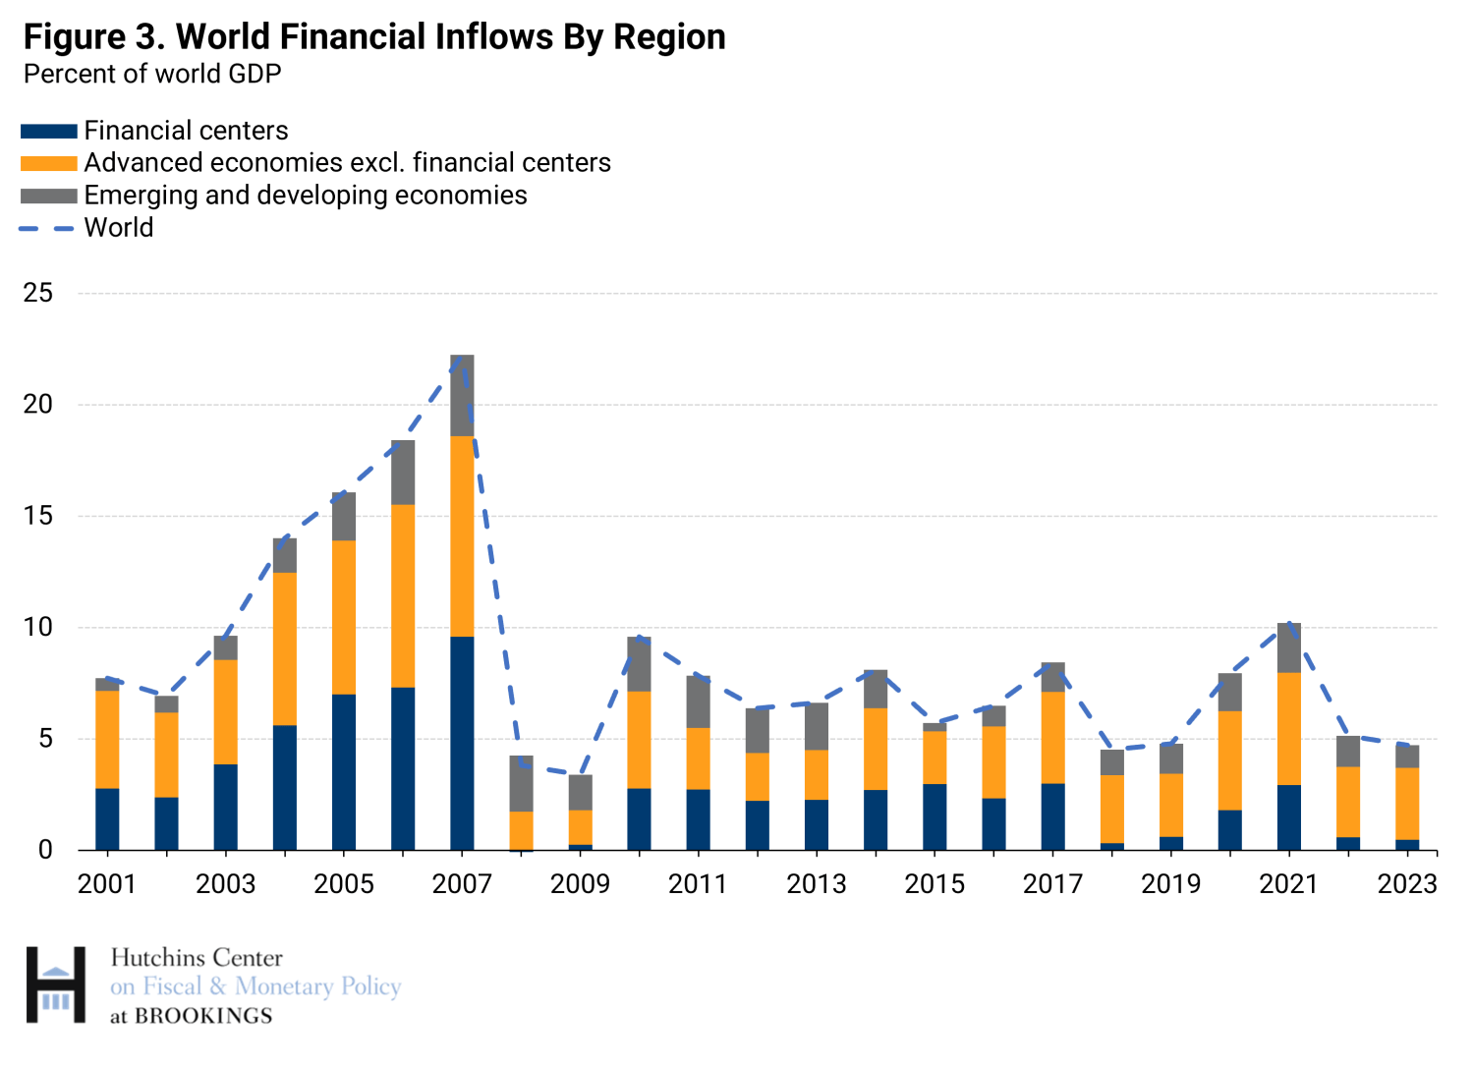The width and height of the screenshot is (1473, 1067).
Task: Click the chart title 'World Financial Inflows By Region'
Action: click(x=451, y=36)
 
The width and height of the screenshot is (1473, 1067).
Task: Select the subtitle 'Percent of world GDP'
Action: click(x=152, y=75)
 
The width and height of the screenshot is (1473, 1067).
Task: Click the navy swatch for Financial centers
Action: click(x=49, y=131)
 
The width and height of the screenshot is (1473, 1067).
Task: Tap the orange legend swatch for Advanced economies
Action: click(x=49, y=163)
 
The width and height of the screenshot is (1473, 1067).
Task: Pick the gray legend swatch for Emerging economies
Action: click(x=49, y=196)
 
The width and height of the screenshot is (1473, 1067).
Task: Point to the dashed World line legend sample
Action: click(x=47, y=229)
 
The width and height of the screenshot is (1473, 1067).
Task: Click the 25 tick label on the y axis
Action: click(x=37, y=293)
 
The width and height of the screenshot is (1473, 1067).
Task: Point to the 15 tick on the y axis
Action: click(x=37, y=516)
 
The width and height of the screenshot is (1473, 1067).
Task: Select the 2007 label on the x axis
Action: click(x=462, y=884)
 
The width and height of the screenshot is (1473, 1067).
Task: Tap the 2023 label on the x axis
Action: click(x=1406, y=884)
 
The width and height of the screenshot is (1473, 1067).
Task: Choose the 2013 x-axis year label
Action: click(x=816, y=884)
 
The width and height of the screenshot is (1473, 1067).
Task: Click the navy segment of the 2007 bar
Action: click(x=462, y=744)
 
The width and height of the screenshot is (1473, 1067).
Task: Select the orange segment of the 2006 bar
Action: click(x=403, y=596)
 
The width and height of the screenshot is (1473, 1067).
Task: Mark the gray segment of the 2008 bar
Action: click(x=522, y=784)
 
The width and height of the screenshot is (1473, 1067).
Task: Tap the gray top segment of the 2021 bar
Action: click(x=1289, y=648)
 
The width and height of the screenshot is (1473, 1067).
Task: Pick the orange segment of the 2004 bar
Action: click(x=285, y=648)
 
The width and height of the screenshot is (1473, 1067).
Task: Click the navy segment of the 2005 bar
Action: click(x=344, y=772)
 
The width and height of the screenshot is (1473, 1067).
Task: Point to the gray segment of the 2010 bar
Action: click(x=639, y=664)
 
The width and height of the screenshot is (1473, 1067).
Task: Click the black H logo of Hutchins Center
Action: click(x=56, y=984)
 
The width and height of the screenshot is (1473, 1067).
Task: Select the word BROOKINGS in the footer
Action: click(x=203, y=1016)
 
